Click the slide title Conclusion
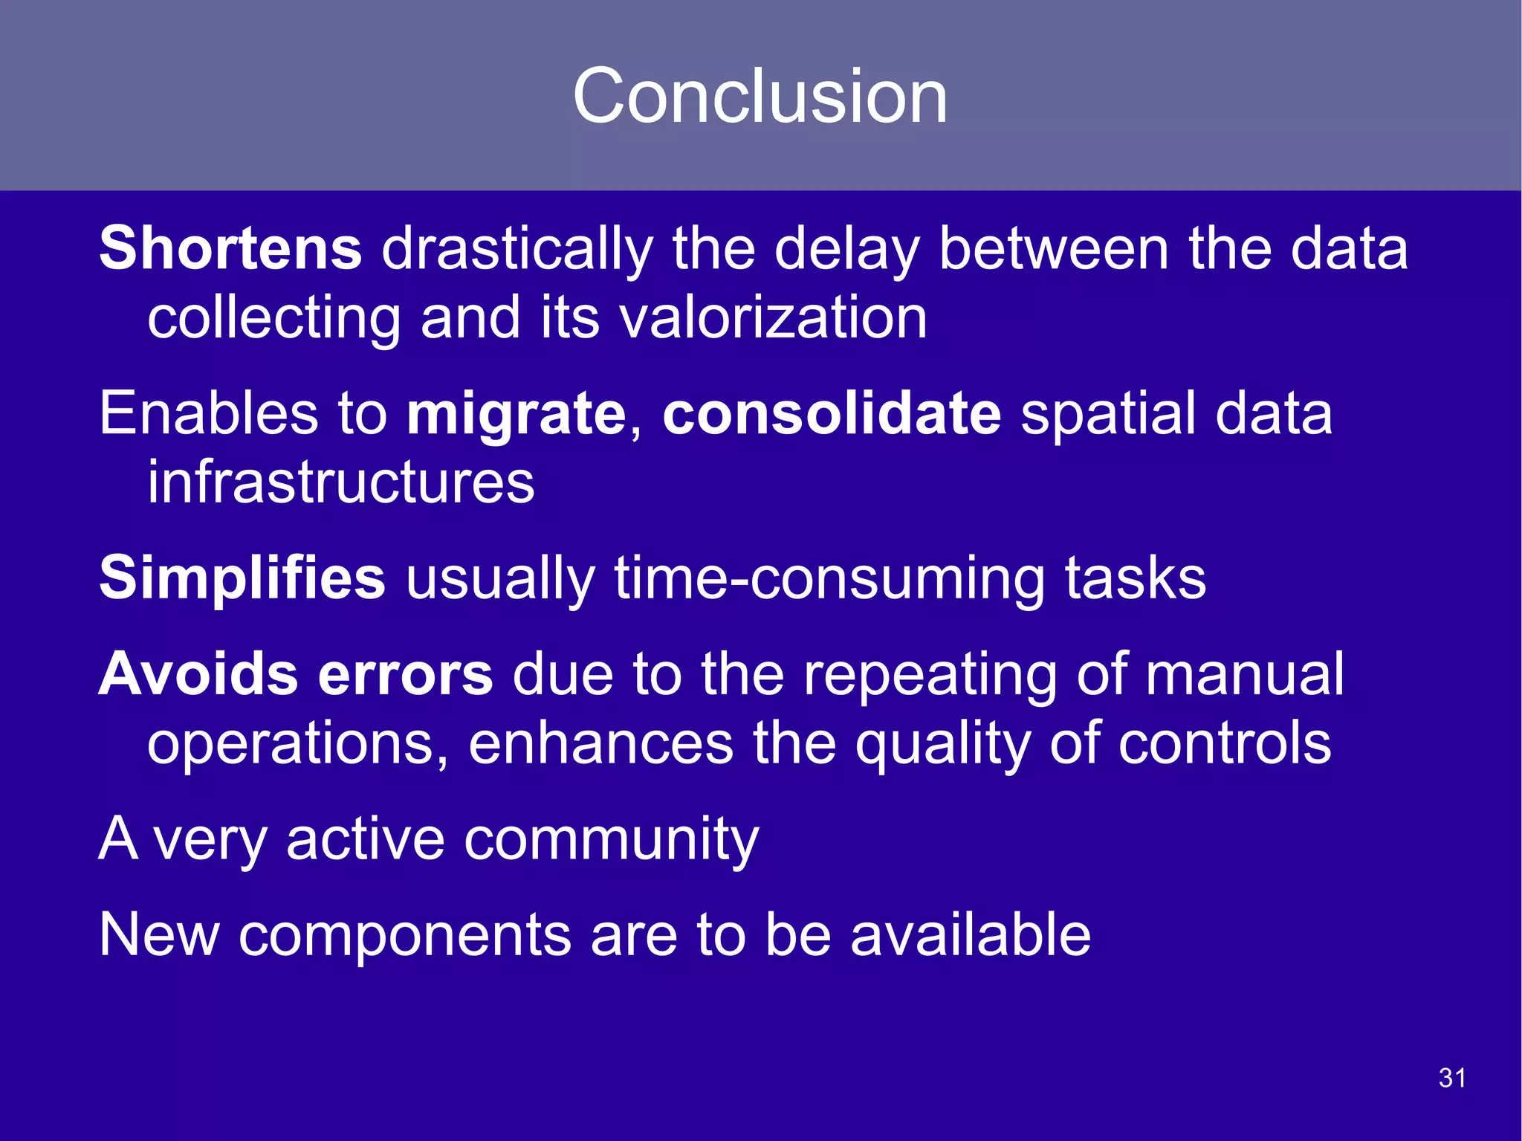760,96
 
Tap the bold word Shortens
230,248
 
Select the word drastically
517,250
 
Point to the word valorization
773,317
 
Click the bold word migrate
516,414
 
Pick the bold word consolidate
832,413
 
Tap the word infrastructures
340,482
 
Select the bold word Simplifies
242,578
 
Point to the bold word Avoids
198,674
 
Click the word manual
1244,674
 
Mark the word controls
1225,743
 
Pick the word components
404,936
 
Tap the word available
970,934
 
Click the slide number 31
1452,1078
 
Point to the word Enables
209,413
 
